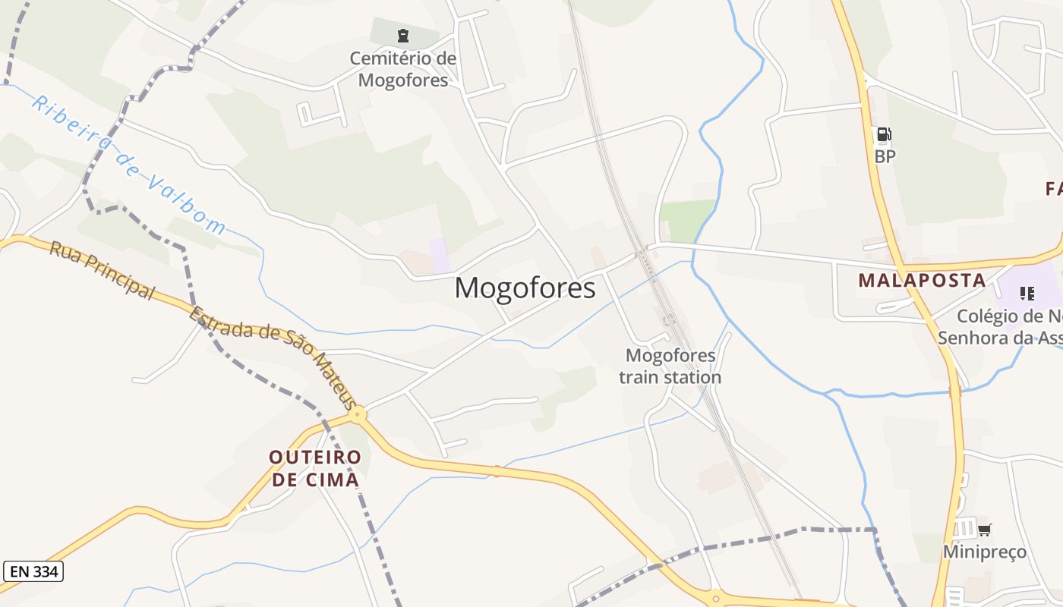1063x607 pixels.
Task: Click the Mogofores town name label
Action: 525,288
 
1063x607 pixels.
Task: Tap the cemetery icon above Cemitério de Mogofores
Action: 402,35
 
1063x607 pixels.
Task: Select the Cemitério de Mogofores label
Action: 403,69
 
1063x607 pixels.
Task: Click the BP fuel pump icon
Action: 884,135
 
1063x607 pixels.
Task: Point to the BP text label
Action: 885,157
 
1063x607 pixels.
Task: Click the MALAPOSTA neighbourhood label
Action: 922,281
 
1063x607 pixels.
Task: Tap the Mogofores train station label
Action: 670,366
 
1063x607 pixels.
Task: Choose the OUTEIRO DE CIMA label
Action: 315,468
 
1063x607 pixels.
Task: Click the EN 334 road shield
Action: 33,571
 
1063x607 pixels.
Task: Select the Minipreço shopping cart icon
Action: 984,530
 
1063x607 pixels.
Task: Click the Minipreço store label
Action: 984,552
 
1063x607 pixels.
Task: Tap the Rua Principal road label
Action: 102,270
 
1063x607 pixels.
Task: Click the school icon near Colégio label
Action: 1027,293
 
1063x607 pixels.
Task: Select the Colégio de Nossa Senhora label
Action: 1001,327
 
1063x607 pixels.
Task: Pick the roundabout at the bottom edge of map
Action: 714,598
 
